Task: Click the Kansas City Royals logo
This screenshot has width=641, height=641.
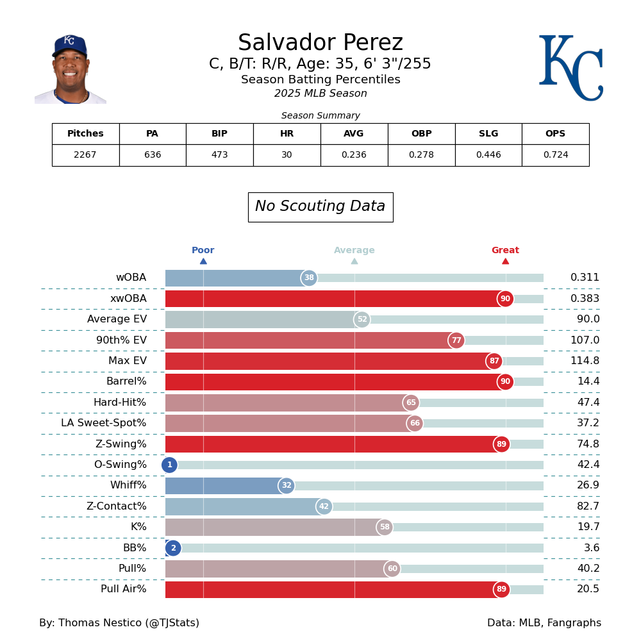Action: pyautogui.click(x=570, y=68)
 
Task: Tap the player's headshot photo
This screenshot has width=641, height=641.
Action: pyautogui.click(x=71, y=69)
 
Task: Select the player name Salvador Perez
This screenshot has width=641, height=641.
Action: pyautogui.click(x=320, y=43)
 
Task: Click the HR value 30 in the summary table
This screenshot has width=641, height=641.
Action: pyautogui.click(x=287, y=155)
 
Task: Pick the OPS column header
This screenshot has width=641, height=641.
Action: pyautogui.click(x=555, y=134)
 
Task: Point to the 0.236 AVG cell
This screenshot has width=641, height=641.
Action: pyautogui.click(x=354, y=155)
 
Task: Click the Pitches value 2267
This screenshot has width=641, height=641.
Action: pyautogui.click(x=85, y=155)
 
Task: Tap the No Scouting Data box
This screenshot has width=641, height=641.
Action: pyautogui.click(x=320, y=207)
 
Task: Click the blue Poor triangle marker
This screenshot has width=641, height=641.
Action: pyautogui.click(x=203, y=261)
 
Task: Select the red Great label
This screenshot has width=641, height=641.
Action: pyautogui.click(x=505, y=251)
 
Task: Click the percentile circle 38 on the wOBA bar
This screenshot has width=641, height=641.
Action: pyautogui.click(x=309, y=278)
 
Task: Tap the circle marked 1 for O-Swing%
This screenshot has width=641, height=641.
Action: pyautogui.click(x=169, y=465)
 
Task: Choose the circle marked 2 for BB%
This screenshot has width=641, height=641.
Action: pyautogui.click(x=173, y=548)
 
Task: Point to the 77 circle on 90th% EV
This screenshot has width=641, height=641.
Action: pyautogui.click(x=456, y=340)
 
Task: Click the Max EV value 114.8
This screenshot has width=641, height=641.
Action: pyautogui.click(x=585, y=361)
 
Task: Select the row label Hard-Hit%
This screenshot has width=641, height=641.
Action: pyautogui.click(x=120, y=403)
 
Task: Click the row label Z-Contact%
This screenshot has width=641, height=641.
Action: pyautogui.click(x=117, y=506)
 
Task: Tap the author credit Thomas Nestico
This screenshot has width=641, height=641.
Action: pyautogui.click(x=119, y=623)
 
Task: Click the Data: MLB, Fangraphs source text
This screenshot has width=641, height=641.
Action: pyautogui.click(x=544, y=623)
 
